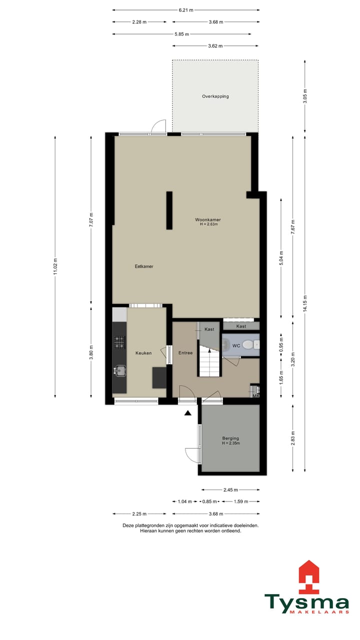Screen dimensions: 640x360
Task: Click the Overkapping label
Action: pos(215,96)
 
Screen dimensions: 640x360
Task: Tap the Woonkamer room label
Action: pos(208,220)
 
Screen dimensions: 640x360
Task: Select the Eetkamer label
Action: pos(144,266)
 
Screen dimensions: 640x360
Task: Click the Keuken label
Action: pos(143,353)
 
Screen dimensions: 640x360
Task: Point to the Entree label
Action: pos(185,353)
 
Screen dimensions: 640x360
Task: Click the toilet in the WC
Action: pos(255,344)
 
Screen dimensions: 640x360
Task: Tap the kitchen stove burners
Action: pos(119,342)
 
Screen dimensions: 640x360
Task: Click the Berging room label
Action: pos(230,439)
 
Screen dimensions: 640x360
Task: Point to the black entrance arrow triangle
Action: pos(188,413)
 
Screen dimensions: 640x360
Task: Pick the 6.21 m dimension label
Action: pos(186,9)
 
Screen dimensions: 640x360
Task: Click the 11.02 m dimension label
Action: pos(55,266)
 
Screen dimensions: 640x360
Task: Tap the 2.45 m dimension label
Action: pos(230,490)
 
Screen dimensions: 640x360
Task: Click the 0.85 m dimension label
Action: pos(209,501)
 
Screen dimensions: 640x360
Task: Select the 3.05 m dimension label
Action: pos(305,96)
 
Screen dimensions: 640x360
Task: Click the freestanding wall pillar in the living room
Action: pos(169,210)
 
